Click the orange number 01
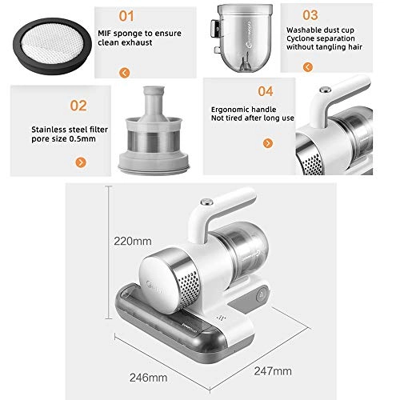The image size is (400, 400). click(x=126, y=16)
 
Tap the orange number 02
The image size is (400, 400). click(x=78, y=106)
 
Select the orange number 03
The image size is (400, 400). click(x=310, y=15)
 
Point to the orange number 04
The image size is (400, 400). click(x=266, y=91)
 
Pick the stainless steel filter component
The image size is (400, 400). click(x=154, y=130)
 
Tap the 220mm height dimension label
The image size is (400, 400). click(x=133, y=241)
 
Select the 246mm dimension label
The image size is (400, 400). click(x=149, y=378)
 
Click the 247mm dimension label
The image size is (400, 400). click(x=273, y=371)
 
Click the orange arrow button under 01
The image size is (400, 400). click(x=125, y=73)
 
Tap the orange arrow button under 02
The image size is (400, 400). click(x=81, y=162)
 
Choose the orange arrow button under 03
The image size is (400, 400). click(x=308, y=67)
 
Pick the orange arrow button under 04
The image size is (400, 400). click(x=268, y=143)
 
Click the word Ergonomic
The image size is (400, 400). click(x=229, y=110)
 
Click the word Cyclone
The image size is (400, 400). click(x=298, y=39)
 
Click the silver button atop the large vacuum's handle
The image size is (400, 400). click(x=206, y=202)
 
